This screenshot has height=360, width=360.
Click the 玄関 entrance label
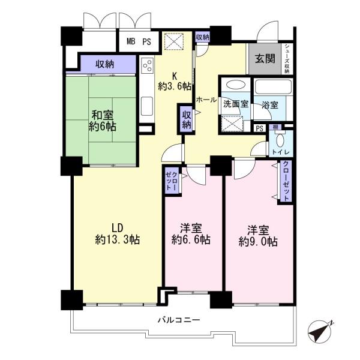[265, 59]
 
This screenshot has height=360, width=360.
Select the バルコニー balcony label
[179, 320]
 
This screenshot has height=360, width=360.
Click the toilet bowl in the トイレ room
[280, 140]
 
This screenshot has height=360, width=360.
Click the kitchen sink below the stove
[147, 106]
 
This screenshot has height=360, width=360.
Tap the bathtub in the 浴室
[273, 87]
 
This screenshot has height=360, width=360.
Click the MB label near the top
[131, 41]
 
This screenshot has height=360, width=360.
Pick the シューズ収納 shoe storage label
[287, 59]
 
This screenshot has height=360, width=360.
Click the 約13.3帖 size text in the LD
[118, 239]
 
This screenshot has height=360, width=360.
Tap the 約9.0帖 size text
[258, 242]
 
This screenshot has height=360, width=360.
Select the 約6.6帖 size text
[191, 239]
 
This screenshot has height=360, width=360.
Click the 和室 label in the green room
[103, 115]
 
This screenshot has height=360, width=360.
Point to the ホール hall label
[206, 100]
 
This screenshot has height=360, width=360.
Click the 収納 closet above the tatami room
[104, 64]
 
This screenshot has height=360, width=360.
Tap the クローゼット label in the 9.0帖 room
[286, 181]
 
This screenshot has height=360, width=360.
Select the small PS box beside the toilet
[259, 128]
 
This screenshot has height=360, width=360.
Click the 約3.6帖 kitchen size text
[175, 86]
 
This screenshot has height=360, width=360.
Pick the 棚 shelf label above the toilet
[275, 127]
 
